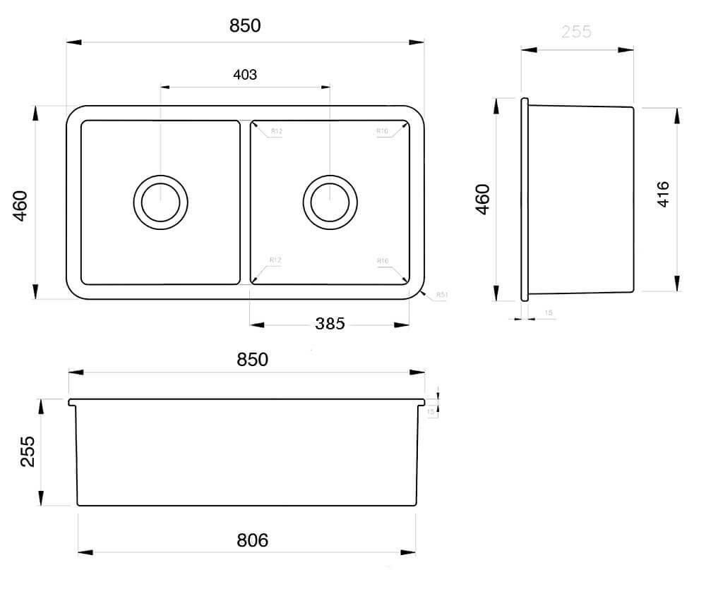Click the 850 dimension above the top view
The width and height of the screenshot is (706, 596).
[245, 26]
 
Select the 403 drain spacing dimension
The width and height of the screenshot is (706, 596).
[244, 75]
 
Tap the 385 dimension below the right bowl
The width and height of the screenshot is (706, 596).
[330, 324]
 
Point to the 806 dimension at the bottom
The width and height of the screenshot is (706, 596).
[252, 540]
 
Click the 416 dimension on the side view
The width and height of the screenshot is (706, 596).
[663, 194]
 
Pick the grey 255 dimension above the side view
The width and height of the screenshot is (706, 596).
[576, 32]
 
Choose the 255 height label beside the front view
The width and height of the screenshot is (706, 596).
[28, 451]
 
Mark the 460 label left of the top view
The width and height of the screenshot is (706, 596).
[20, 205]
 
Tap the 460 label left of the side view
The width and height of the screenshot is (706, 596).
[482, 199]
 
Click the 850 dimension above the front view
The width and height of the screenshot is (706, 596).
[252, 359]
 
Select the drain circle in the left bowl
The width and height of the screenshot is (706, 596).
[161, 202]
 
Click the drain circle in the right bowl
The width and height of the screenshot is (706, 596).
[330, 202]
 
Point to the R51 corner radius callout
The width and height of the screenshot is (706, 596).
[442, 294]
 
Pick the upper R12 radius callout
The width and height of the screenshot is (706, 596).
[276, 131]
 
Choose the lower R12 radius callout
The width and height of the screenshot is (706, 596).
[275, 260]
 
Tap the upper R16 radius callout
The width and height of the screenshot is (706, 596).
[383, 131]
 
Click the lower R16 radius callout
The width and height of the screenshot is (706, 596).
[383, 261]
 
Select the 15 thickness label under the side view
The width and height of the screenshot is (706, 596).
[549, 312]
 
